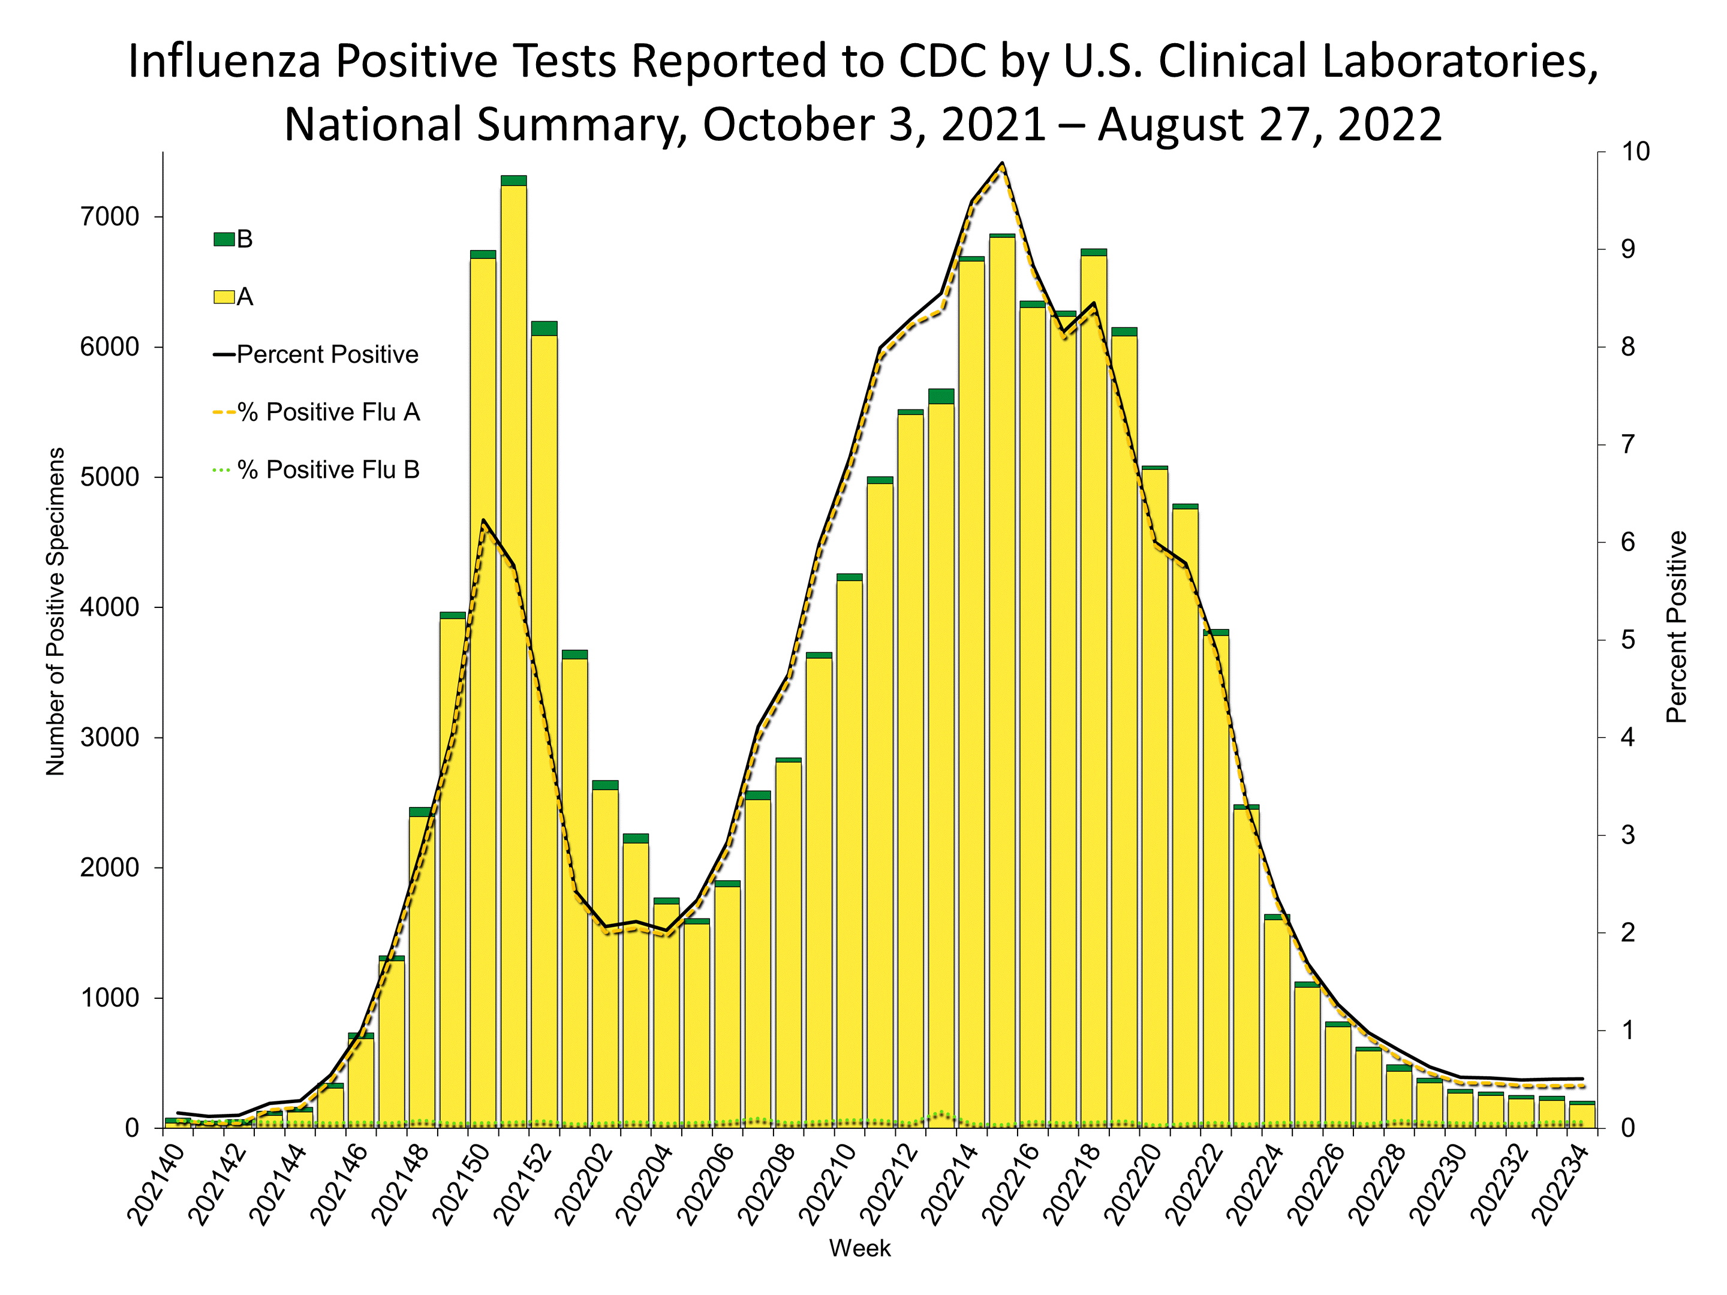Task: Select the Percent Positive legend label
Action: (x=327, y=355)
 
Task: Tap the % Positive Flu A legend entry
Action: (x=328, y=412)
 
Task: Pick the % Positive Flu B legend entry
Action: (x=328, y=470)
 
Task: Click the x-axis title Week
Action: (x=859, y=1248)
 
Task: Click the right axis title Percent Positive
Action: (x=1676, y=627)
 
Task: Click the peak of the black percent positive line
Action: (x=1001, y=163)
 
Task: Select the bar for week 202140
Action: (x=177, y=1124)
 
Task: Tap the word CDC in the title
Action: (x=943, y=61)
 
